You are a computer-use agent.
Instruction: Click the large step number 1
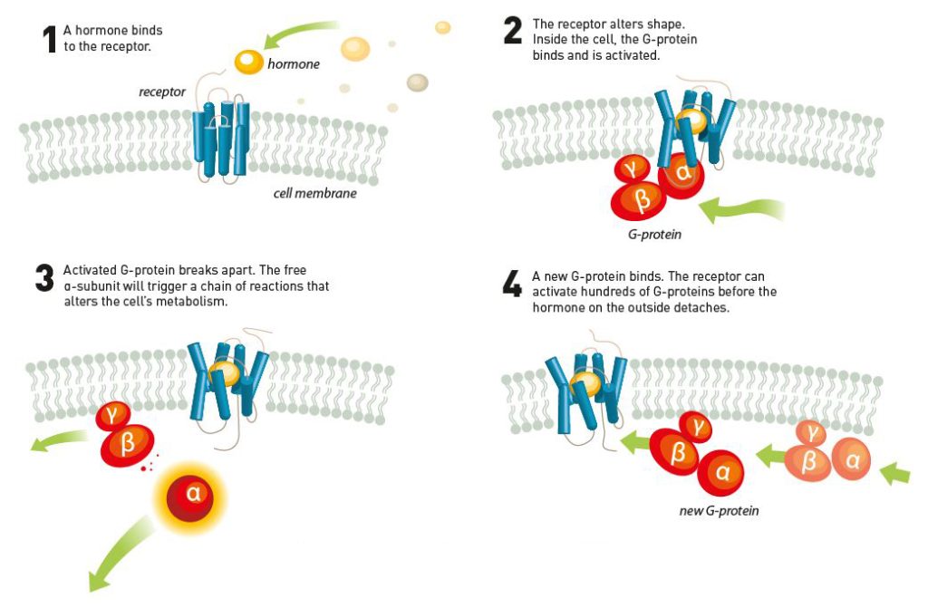(x=49, y=40)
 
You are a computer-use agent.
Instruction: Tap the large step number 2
(x=512, y=33)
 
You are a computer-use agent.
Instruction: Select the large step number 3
(x=44, y=279)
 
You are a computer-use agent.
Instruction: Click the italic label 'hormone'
(x=293, y=64)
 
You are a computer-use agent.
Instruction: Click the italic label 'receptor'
(x=162, y=92)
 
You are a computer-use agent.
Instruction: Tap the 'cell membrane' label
(x=314, y=193)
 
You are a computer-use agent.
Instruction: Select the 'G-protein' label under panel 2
(x=654, y=234)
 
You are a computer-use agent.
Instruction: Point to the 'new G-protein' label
(x=719, y=511)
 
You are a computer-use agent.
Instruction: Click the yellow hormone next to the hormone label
(x=248, y=62)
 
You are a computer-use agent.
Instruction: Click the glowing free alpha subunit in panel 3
(x=192, y=493)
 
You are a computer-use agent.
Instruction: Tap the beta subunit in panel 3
(x=127, y=443)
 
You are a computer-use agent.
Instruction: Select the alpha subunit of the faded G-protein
(x=852, y=460)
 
